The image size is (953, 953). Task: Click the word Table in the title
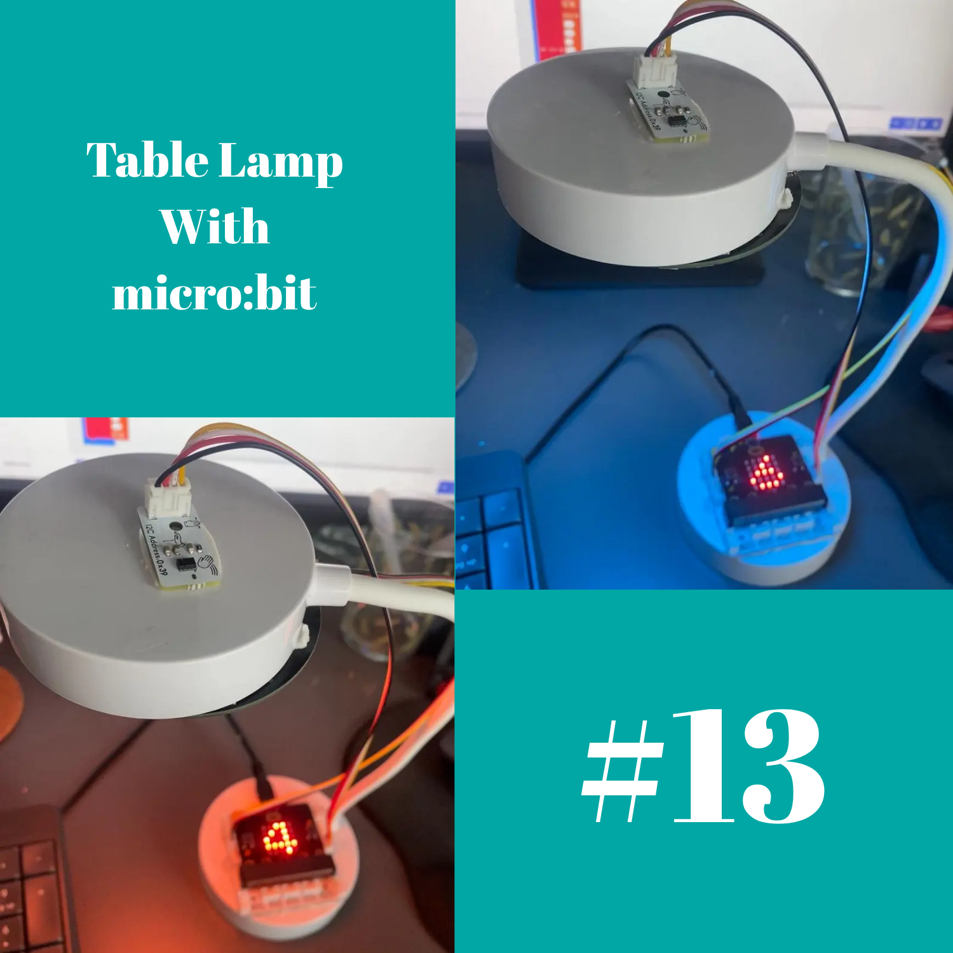pos(147,160)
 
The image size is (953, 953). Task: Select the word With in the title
pos(214,227)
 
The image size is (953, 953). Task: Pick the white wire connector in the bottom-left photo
pos(168,496)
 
